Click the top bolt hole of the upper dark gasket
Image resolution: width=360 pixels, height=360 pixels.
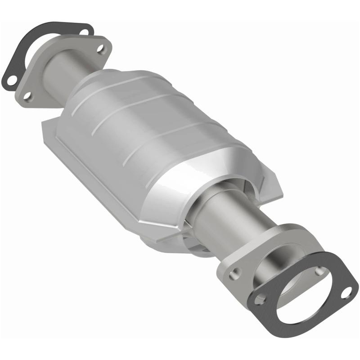(x=84, y=31)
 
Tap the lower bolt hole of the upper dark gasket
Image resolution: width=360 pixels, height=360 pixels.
(x=11, y=80)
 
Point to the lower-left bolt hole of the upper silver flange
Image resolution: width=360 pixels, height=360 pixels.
(x=28, y=95)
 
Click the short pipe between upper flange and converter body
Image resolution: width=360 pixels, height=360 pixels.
(x=67, y=74)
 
